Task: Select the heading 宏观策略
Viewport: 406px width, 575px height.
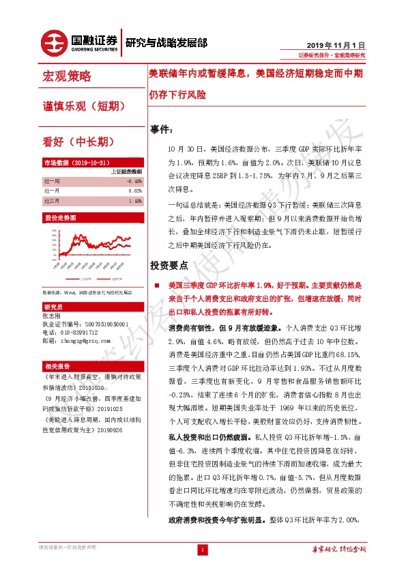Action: pos(66,76)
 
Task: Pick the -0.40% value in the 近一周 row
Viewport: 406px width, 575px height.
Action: pos(134,181)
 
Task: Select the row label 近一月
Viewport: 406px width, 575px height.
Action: pos(52,191)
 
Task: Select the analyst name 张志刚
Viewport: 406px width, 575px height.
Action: pos(52,315)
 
